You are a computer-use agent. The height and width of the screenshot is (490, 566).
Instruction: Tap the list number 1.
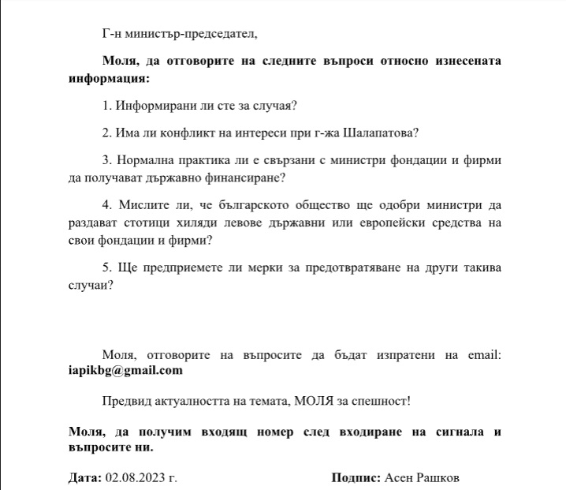106,106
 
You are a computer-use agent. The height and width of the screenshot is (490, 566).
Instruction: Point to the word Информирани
155,106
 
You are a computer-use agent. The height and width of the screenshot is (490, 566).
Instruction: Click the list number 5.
106,267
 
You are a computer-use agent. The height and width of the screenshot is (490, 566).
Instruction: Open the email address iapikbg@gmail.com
126,370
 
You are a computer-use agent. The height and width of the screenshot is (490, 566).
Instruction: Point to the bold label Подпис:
356,478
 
